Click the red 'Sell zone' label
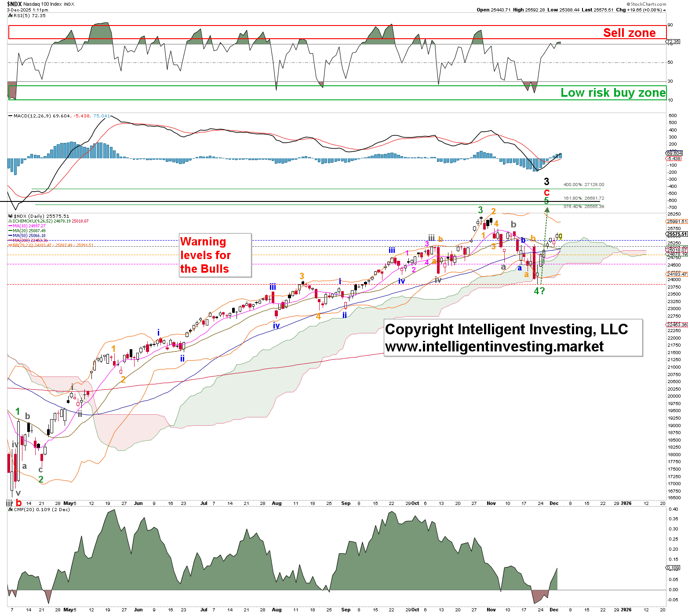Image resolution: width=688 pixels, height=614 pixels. (629, 33)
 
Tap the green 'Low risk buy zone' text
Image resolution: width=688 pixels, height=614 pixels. (613, 93)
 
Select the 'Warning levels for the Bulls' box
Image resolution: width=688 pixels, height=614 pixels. (215, 255)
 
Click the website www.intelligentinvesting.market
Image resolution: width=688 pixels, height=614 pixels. (494, 347)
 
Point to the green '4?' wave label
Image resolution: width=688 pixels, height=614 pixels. (539, 291)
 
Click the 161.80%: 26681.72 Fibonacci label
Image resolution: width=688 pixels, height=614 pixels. (584, 198)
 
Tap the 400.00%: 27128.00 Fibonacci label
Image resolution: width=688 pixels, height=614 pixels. (584, 185)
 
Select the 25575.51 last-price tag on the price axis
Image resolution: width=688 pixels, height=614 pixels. (677, 234)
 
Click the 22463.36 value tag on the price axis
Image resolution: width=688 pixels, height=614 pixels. (677, 325)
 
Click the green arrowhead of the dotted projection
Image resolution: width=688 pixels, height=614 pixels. (547, 210)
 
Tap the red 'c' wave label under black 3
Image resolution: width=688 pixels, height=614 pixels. (546, 192)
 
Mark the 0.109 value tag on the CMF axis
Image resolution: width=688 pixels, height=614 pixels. (673, 567)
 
